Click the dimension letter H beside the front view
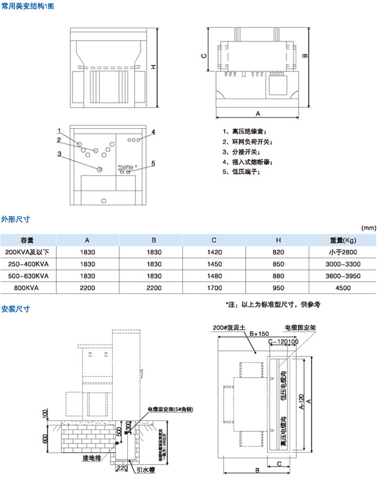pyautogui.click(x=153, y=67)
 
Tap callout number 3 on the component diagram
pyautogui.click(x=59, y=153)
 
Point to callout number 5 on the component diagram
pyautogui.click(x=153, y=163)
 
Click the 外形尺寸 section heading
pyautogui.click(x=15, y=219)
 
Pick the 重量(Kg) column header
pyautogui.click(x=343, y=240)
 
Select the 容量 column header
pyautogui.click(x=27, y=240)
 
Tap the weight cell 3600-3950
pyautogui.click(x=343, y=276)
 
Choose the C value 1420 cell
pyautogui.click(x=215, y=252)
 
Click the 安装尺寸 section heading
pyautogui.click(x=15, y=309)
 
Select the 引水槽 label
pyautogui.click(x=145, y=470)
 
